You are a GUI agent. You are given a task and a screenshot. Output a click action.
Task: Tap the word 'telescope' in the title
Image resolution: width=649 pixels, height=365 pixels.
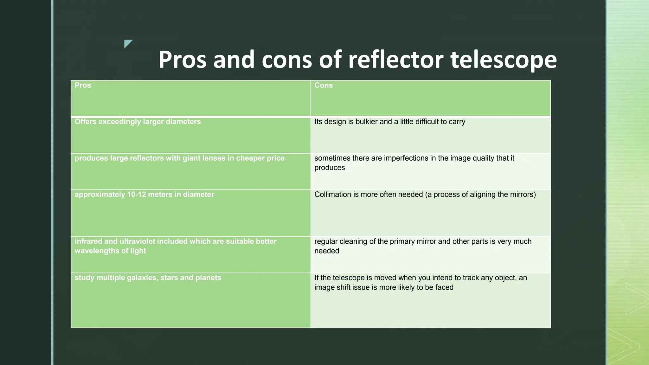[x=504, y=60]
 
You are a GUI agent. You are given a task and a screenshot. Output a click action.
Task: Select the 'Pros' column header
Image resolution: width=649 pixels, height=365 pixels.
[x=83, y=85]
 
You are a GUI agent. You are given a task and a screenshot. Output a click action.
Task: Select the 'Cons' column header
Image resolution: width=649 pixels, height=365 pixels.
[x=324, y=85]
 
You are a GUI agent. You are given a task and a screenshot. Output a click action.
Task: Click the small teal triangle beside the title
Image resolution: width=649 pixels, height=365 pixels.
[x=128, y=43]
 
